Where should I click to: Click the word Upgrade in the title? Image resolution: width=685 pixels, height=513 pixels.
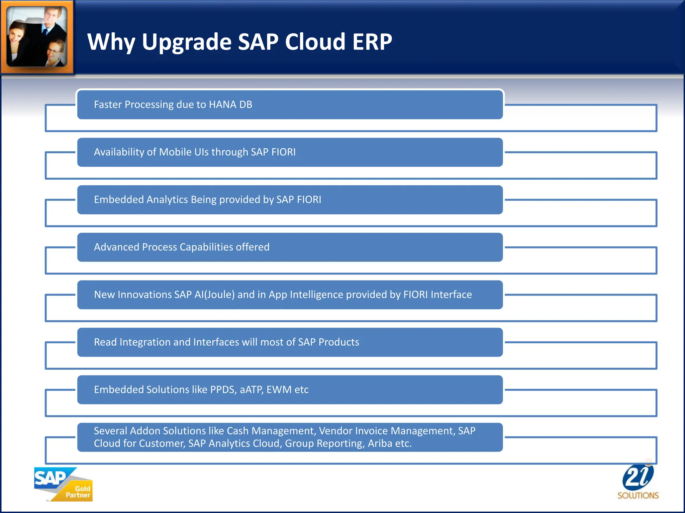187,42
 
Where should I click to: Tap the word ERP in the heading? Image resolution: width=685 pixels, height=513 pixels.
372,42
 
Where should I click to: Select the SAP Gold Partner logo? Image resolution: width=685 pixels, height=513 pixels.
63,484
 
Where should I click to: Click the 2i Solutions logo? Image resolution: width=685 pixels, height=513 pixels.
638,481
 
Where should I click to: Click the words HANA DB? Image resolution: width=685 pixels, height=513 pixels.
230,105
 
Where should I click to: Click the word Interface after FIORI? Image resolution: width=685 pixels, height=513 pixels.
451,295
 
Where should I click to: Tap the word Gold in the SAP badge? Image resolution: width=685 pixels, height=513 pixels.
82,489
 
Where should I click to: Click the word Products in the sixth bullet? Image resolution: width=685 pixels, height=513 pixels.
338,342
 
